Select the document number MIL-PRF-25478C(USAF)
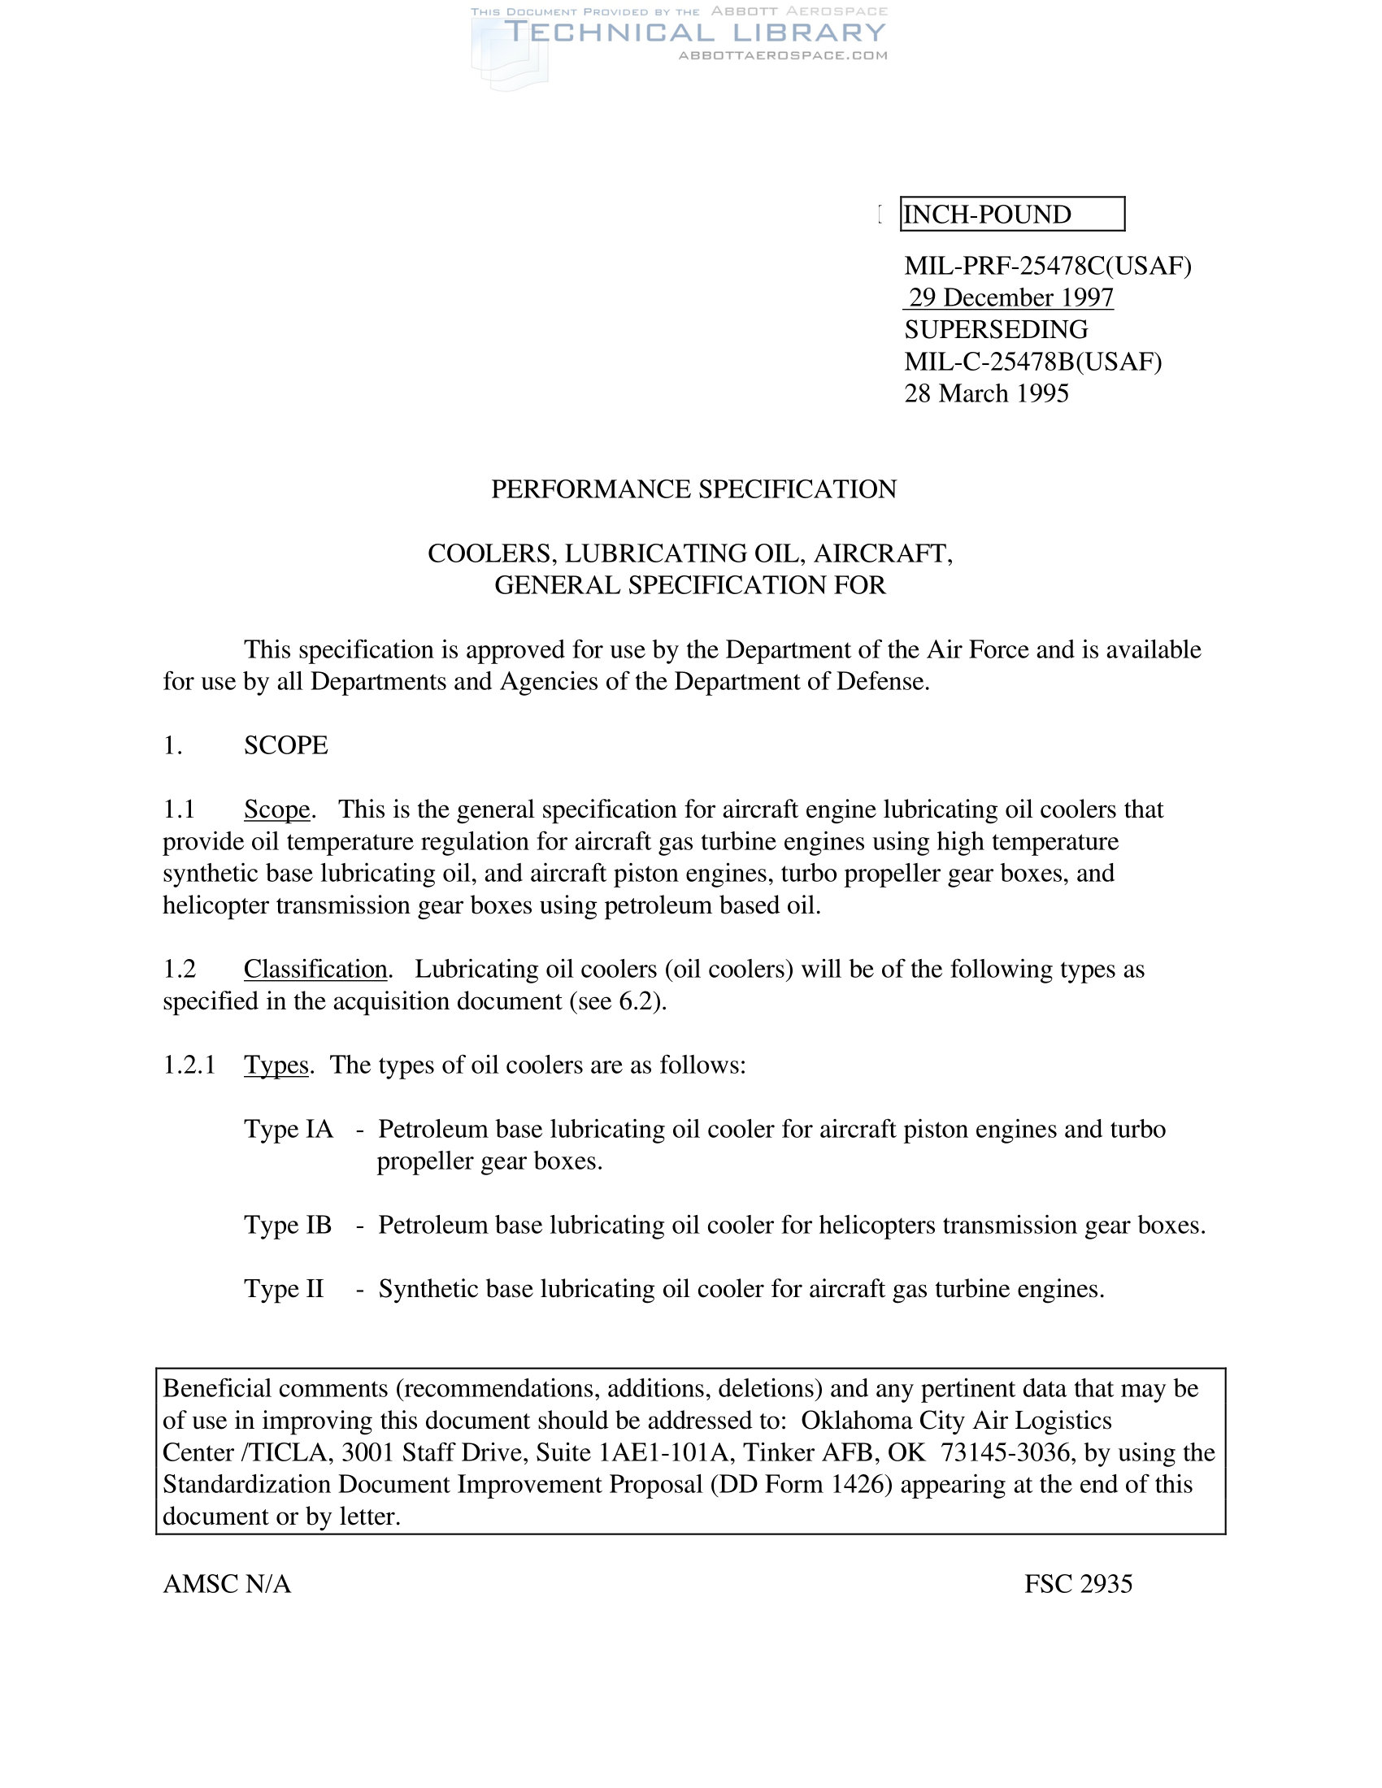[x=1047, y=266]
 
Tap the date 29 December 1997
[x=1010, y=297]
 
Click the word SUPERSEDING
[x=996, y=329]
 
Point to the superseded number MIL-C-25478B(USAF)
[x=1032, y=361]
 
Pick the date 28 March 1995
[x=986, y=394]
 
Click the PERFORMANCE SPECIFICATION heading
[x=693, y=489]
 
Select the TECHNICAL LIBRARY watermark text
[x=695, y=33]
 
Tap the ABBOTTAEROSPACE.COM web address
[x=783, y=55]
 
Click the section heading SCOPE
[x=285, y=746]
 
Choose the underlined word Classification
[x=315, y=970]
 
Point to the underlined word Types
[x=276, y=1065]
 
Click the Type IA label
[x=289, y=1130]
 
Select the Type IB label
[x=287, y=1226]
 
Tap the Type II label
[x=283, y=1290]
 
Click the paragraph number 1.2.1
[x=189, y=1065]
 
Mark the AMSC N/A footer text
[x=227, y=1585]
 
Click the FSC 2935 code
[x=1077, y=1585]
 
